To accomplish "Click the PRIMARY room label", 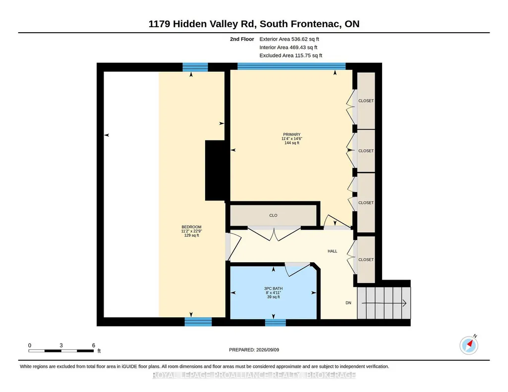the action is (291, 135).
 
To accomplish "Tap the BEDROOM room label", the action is (191, 227).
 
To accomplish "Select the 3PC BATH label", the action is (274, 289).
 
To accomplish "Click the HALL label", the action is (333, 251).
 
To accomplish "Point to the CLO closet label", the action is (273, 215).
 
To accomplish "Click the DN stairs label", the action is (348, 303).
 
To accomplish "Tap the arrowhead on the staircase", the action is (404, 303).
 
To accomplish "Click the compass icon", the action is (469, 345).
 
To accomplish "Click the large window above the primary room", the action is (291, 66).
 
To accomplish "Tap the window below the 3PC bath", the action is (276, 323).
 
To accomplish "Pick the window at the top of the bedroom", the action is (195, 67).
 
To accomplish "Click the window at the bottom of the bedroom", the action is (198, 322).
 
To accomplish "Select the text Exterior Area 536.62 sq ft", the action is (289, 39).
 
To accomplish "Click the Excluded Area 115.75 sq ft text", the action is (291, 55).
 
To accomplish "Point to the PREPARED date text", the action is (254, 349).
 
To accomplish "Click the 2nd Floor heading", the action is (242, 39).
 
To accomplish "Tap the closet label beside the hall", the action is (366, 260).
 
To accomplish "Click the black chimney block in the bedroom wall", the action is (215, 170).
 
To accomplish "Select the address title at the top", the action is (254, 24).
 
